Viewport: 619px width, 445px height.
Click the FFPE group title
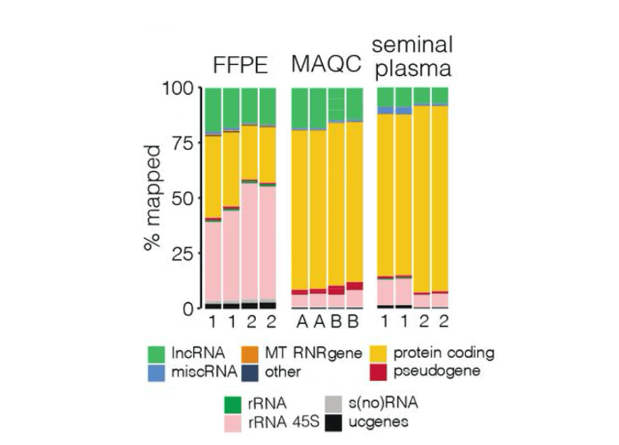[240, 66]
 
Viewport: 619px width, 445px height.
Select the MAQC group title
[327, 66]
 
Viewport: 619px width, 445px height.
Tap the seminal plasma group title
[413, 56]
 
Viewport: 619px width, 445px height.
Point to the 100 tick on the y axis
[180, 88]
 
